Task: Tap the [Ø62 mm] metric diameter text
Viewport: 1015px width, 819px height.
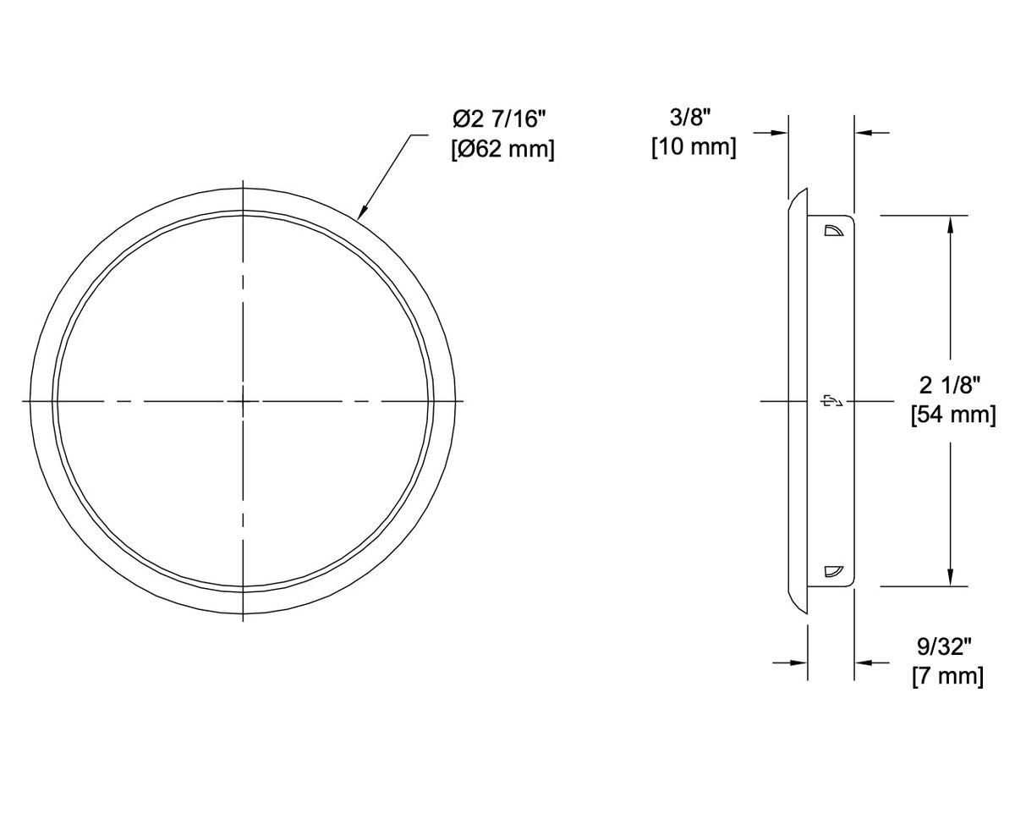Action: coord(502,150)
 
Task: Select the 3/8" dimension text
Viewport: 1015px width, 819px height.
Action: coord(690,117)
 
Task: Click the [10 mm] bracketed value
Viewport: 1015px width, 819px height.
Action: coord(694,147)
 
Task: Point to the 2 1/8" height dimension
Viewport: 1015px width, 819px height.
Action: coord(950,386)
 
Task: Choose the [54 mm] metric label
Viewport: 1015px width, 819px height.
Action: coord(953,415)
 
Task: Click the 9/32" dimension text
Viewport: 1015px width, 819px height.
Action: coord(945,646)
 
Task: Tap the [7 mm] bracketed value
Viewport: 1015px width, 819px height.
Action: coord(948,677)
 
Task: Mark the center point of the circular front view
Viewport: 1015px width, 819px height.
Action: coord(243,402)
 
